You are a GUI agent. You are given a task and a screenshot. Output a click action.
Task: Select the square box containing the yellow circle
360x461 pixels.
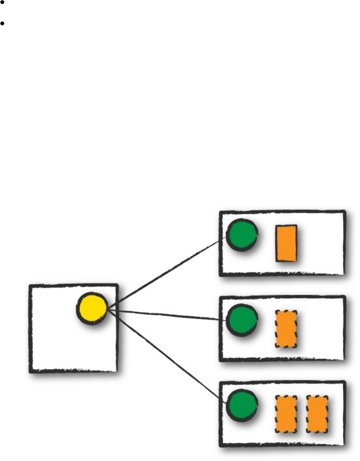[56, 345]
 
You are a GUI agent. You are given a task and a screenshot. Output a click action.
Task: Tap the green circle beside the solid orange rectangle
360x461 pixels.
[242, 235]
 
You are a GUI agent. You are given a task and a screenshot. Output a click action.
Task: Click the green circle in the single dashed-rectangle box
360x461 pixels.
[242, 320]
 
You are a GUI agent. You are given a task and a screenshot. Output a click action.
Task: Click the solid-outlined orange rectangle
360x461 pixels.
[286, 243]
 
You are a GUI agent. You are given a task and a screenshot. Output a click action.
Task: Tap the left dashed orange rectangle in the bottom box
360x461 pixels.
[286, 414]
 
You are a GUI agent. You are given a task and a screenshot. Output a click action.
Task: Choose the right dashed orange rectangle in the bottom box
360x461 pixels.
[317, 414]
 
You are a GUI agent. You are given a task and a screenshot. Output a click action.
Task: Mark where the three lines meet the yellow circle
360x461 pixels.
[108, 309]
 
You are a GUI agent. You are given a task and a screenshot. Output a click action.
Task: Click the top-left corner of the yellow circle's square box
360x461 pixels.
[30, 286]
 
